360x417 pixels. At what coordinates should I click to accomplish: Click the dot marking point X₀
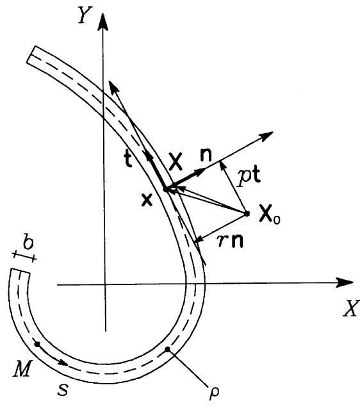click(x=247, y=213)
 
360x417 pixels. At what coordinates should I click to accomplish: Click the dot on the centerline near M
click(x=37, y=344)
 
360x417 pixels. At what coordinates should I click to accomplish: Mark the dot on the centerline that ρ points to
click(x=168, y=349)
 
